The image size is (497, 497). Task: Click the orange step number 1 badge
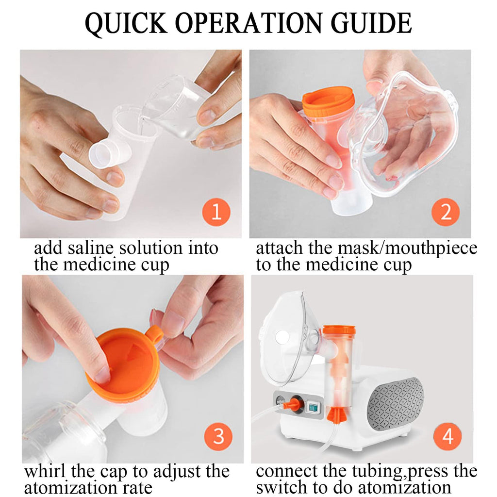(216, 212)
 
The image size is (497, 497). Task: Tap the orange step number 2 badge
(446, 212)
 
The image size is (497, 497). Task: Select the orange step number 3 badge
(218, 436)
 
